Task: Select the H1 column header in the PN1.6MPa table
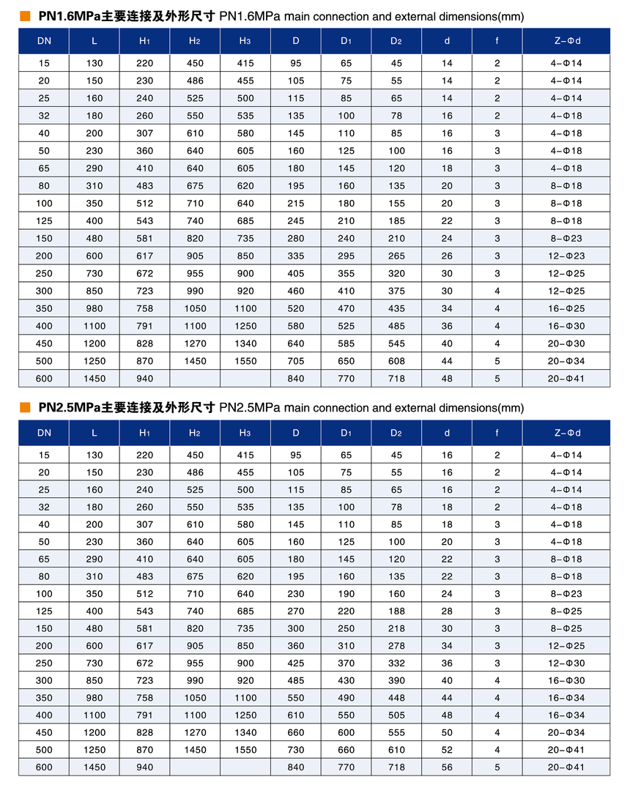click(x=144, y=41)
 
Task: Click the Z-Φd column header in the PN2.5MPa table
click(x=566, y=433)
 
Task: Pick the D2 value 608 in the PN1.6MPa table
click(x=396, y=361)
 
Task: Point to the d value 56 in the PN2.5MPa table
click(x=447, y=767)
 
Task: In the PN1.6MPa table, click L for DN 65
click(x=94, y=168)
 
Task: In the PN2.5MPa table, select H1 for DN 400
click(x=144, y=715)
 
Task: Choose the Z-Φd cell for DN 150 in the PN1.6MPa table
click(x=566, y=239)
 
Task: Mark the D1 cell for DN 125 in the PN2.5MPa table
click(x=346, y=611)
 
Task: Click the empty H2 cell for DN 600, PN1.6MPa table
click(x=195, y=379)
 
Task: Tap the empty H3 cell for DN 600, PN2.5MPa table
click(x=245, y=767)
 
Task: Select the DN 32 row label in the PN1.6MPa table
click(x=44, y=116)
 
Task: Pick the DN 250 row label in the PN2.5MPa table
click(x=44, y=663)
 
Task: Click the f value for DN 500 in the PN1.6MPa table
click(x=497, y=361)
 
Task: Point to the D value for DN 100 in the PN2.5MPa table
click(x=296, y=593)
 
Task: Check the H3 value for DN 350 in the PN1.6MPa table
click(x=245, y=308)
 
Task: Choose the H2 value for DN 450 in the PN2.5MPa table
click(x=195, y=732)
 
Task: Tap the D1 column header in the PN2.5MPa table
click(x=346, y=433)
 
